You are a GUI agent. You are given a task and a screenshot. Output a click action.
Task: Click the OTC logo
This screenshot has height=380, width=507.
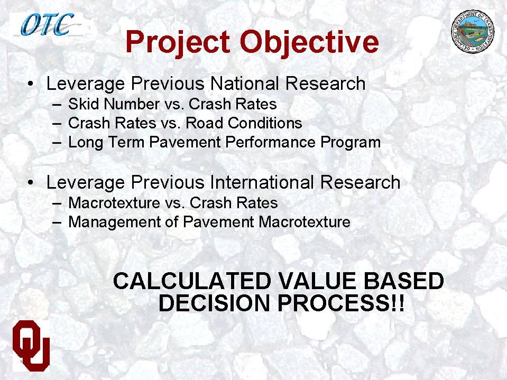(47, 24)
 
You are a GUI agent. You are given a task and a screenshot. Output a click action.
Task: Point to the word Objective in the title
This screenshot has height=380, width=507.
(309, 42)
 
